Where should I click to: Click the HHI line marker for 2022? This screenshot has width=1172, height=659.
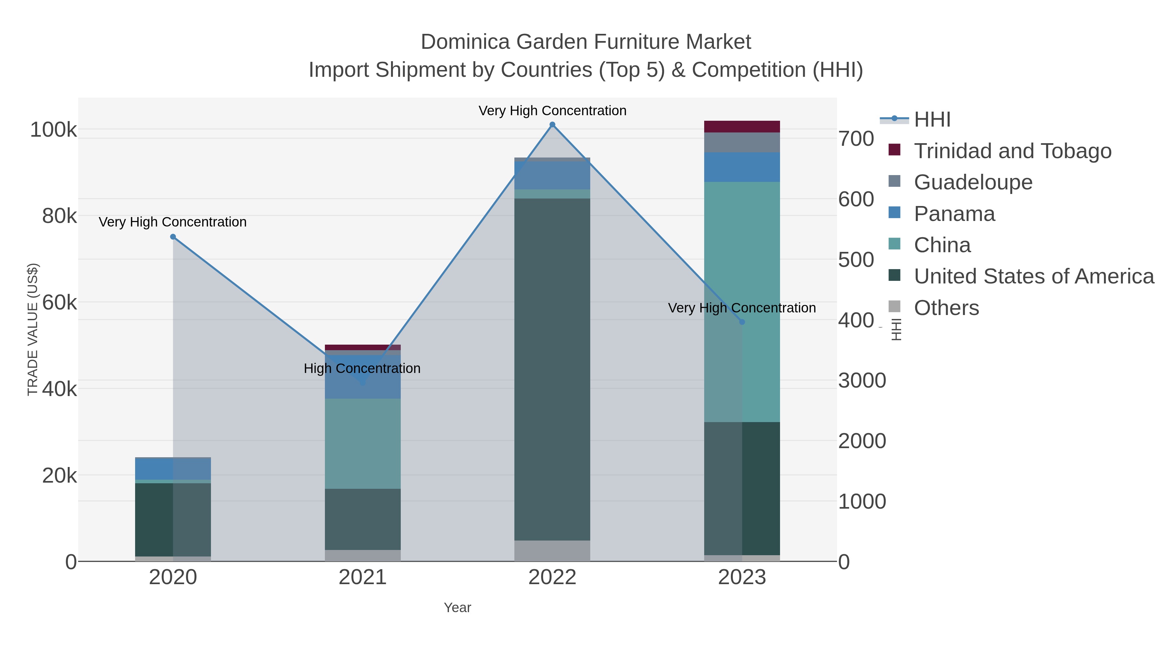(552, 125)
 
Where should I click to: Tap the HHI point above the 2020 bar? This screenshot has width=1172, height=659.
(173, 237)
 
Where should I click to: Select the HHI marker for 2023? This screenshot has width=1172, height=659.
(742, 322)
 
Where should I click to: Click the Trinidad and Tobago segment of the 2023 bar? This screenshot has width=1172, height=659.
(742, 127)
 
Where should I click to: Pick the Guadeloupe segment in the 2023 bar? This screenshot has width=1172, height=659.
(742, 142)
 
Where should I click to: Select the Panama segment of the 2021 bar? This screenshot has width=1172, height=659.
(363, 377)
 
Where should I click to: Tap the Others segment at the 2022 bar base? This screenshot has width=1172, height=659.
(552, 551)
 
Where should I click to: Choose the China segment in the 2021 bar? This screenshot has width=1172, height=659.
(363, 444)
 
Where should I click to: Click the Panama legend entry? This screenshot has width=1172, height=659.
(954, 214)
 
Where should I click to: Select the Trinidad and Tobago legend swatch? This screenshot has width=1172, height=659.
(895, 150)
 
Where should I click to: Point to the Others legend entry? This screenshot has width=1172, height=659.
(946, 308)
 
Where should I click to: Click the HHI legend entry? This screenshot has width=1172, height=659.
(932, 120)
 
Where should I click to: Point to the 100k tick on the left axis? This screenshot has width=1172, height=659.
(54, 130)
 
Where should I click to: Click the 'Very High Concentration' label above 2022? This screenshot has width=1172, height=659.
(552, 111)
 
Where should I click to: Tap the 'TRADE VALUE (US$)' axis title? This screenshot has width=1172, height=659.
(33, 329)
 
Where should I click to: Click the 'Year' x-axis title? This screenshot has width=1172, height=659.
(457, 608)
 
